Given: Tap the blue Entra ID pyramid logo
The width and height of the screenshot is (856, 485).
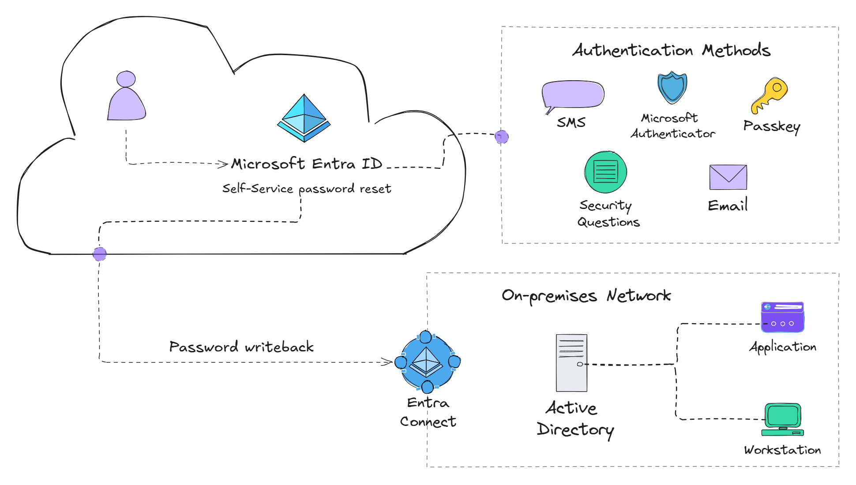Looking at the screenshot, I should coord(304,118).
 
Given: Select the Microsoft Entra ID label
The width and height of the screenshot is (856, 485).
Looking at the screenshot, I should coord(307,164).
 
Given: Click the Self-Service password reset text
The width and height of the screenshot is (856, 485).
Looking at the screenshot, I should coord(307,189).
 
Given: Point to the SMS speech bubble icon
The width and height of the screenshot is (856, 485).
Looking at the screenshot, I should coord(573,95).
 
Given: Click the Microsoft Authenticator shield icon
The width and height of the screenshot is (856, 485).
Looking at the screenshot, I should coord(672,87).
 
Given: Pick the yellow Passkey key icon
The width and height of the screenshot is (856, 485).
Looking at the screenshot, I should coord(770,95).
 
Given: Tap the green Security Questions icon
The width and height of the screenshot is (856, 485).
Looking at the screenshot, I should coord(605,172).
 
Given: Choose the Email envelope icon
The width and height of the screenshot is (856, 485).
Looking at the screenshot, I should coord(728,177).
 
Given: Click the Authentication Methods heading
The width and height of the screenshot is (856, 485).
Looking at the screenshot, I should coord(671,50).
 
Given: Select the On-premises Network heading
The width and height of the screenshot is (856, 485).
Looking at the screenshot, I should coord(586,295).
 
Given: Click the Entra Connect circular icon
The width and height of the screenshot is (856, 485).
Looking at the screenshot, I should coord(426,362).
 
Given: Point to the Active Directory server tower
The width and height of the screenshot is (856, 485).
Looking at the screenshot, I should coord(571,362).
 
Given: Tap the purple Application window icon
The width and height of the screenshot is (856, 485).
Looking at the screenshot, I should coord(782,317).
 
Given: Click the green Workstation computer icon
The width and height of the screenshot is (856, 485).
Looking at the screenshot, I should coord(783,419).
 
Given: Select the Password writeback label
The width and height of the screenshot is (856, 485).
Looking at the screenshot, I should coord(241,347).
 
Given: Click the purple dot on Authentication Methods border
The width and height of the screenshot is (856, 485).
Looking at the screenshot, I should coord(502,137).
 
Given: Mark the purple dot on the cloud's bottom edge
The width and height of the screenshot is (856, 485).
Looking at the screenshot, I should coord(100,254).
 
